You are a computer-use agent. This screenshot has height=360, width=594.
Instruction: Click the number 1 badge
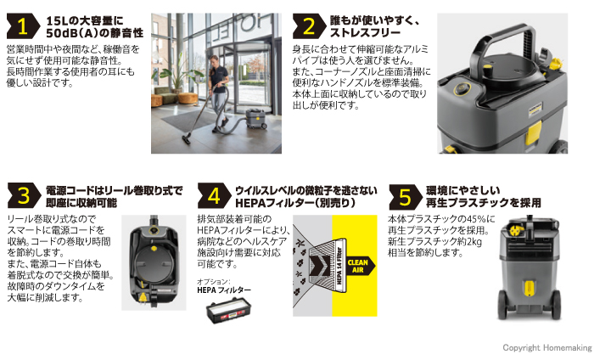23,26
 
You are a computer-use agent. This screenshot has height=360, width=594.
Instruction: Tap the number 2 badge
309,26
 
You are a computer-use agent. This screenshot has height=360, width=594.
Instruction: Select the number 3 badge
24,195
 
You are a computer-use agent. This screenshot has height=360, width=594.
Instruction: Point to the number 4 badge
214,195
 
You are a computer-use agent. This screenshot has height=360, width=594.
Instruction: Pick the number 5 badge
406,197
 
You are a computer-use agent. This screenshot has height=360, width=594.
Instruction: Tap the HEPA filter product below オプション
228,310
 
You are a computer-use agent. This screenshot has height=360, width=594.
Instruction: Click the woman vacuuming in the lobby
219,93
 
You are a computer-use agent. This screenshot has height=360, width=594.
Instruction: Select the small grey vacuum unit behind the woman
256,118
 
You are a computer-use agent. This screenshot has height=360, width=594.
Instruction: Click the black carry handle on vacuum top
500,46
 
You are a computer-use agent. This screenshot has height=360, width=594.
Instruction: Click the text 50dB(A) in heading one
70,33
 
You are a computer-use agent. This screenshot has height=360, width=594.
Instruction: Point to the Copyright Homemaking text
547,347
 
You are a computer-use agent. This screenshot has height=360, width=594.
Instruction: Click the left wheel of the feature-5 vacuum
502,305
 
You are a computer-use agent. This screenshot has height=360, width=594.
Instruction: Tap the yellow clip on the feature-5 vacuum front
530,288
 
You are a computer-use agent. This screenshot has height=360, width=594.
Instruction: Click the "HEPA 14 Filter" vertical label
339,266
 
